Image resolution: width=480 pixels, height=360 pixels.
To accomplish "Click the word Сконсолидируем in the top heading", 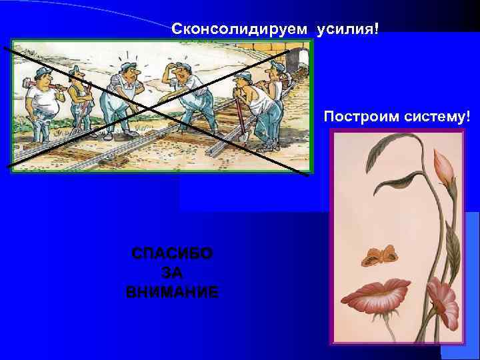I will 241,29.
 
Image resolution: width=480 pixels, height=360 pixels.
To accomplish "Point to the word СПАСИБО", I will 173,254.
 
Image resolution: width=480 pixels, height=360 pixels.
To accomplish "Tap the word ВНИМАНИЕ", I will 172,292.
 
